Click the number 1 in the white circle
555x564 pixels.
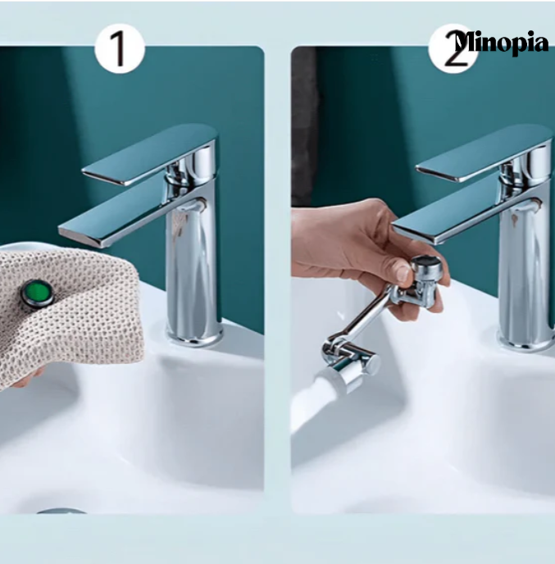point(120,49)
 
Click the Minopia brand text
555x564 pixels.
point(501,43)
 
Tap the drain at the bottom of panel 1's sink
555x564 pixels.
point(61,511)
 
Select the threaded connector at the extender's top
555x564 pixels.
point(426,265)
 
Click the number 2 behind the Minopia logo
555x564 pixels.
point(454,50)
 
